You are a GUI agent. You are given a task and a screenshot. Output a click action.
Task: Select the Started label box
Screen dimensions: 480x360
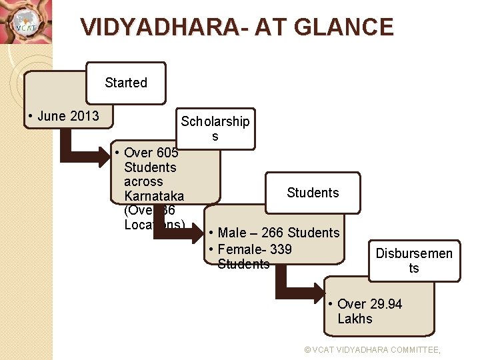(125, 83)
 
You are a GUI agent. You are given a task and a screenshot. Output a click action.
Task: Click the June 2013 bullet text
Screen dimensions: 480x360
(64, 116)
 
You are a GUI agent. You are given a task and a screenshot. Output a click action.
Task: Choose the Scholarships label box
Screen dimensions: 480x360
(215, 129)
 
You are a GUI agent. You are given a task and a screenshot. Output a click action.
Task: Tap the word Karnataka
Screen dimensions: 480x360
(154, 196)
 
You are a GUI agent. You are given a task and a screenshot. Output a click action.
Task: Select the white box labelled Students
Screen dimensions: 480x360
(313, 193)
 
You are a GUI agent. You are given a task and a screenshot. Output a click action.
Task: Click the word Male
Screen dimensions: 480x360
(232, 233)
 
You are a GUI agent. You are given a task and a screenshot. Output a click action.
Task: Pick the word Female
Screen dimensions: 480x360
(239, 249)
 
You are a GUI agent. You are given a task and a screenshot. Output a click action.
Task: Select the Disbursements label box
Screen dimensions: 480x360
(414, 261)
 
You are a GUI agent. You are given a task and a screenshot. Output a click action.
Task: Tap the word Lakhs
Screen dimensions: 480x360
(355, 319)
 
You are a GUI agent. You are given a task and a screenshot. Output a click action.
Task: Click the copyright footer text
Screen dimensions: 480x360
(372, 349)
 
